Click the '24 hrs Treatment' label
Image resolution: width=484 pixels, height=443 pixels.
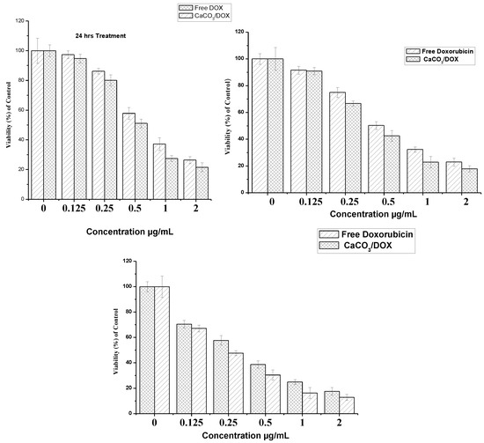99,36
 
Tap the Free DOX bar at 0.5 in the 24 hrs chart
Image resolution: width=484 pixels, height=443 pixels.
128,156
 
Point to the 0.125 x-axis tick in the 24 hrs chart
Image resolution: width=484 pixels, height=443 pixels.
74,210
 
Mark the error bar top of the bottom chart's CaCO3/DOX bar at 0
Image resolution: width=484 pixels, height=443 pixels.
162,275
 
